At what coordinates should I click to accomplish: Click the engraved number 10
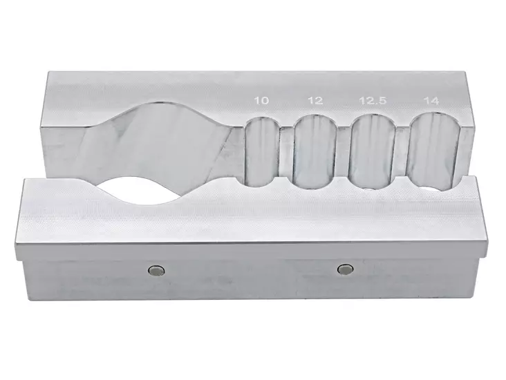click(261, 101)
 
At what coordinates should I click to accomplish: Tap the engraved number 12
click(315, 101)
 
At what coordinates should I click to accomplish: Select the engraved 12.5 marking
click(371, 101)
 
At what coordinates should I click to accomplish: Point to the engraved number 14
click(432, 101)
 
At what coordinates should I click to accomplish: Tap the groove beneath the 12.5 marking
click(373, 152)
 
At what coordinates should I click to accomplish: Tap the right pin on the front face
click(344, 268)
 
